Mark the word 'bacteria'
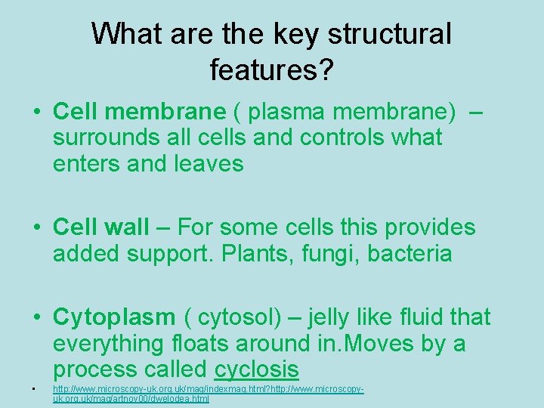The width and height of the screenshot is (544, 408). coord(410,253)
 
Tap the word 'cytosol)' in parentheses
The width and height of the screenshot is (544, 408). coord(240,317)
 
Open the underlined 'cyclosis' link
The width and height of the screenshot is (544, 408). coord(257,369)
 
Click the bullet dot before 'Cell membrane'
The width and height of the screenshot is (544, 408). coord(36,113)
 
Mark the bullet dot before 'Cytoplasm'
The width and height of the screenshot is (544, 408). coord(36,317)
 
